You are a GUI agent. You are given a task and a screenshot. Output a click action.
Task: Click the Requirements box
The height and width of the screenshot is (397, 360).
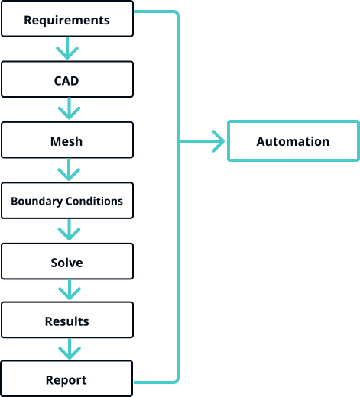pos(67,18)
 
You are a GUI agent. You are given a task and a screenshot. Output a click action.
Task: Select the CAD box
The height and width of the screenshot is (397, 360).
pos(67,79)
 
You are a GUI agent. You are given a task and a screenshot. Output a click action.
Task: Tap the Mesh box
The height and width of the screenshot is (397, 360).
pos(67,140)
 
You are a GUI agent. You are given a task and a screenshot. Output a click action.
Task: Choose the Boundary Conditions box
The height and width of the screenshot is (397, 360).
pos(67,201)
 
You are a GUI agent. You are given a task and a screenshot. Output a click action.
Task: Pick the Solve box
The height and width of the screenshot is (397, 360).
pos(67,261)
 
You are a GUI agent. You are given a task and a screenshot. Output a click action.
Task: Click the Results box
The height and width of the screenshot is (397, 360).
pos(67,320)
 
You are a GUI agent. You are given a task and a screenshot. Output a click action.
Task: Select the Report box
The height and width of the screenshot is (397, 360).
pos(66,379)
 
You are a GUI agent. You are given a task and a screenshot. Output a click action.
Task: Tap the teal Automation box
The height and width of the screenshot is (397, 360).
pos(294,140)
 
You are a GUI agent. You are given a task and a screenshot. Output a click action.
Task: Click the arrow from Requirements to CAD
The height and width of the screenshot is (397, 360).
pos(67,48)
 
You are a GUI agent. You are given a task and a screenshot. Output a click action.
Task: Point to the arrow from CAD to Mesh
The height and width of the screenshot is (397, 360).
pos(69,108)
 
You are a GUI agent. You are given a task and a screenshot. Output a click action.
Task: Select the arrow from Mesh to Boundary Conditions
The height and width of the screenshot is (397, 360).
pos(69,169)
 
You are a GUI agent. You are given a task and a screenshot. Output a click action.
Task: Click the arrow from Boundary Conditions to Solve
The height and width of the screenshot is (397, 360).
pos(69,230)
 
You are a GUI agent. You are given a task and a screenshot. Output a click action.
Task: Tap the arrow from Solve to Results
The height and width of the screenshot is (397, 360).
pos(70,290)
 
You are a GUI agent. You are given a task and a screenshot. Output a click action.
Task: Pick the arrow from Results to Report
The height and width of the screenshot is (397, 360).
pos(70,349)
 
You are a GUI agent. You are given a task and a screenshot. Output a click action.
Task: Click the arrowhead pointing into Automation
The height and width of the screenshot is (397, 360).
pos(219,141)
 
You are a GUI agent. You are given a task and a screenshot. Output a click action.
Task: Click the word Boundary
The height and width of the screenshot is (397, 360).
pos(37,202)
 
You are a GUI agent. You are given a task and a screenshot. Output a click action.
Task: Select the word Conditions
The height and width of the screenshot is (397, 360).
pos(94,201)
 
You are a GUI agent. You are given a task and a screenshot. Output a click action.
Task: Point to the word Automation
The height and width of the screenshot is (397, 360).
pos(293,141)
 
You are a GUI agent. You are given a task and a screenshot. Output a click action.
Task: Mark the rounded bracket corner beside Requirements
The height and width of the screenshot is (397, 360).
pos(177,14)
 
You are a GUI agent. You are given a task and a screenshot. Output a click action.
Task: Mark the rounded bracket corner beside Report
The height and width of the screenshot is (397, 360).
pos(177,380)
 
